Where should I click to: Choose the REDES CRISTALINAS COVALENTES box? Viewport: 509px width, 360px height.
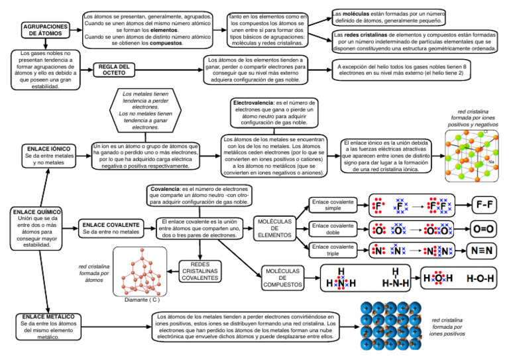click(199, 270)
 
